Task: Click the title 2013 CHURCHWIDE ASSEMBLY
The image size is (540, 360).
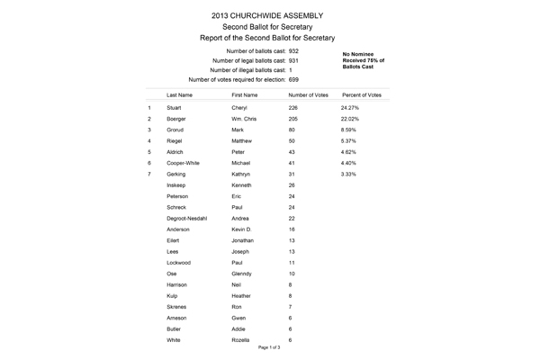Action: point(269,15)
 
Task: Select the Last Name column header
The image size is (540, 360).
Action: point(180,94)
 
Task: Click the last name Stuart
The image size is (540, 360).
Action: point(175,107)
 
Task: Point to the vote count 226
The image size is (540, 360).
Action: point(293,107)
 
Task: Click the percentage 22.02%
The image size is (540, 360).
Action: point(349,119)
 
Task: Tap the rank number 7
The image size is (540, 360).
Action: point(148,173)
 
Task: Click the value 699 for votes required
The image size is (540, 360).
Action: point(294,80)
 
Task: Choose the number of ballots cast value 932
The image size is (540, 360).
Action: point(294,51)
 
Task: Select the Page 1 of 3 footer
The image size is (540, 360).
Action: point(269,346)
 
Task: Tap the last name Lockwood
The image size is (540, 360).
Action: point(180,262)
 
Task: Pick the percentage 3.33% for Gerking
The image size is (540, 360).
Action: point(348,173)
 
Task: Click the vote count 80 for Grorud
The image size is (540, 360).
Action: point(292,130)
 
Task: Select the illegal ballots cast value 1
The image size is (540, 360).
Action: point(290,70)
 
